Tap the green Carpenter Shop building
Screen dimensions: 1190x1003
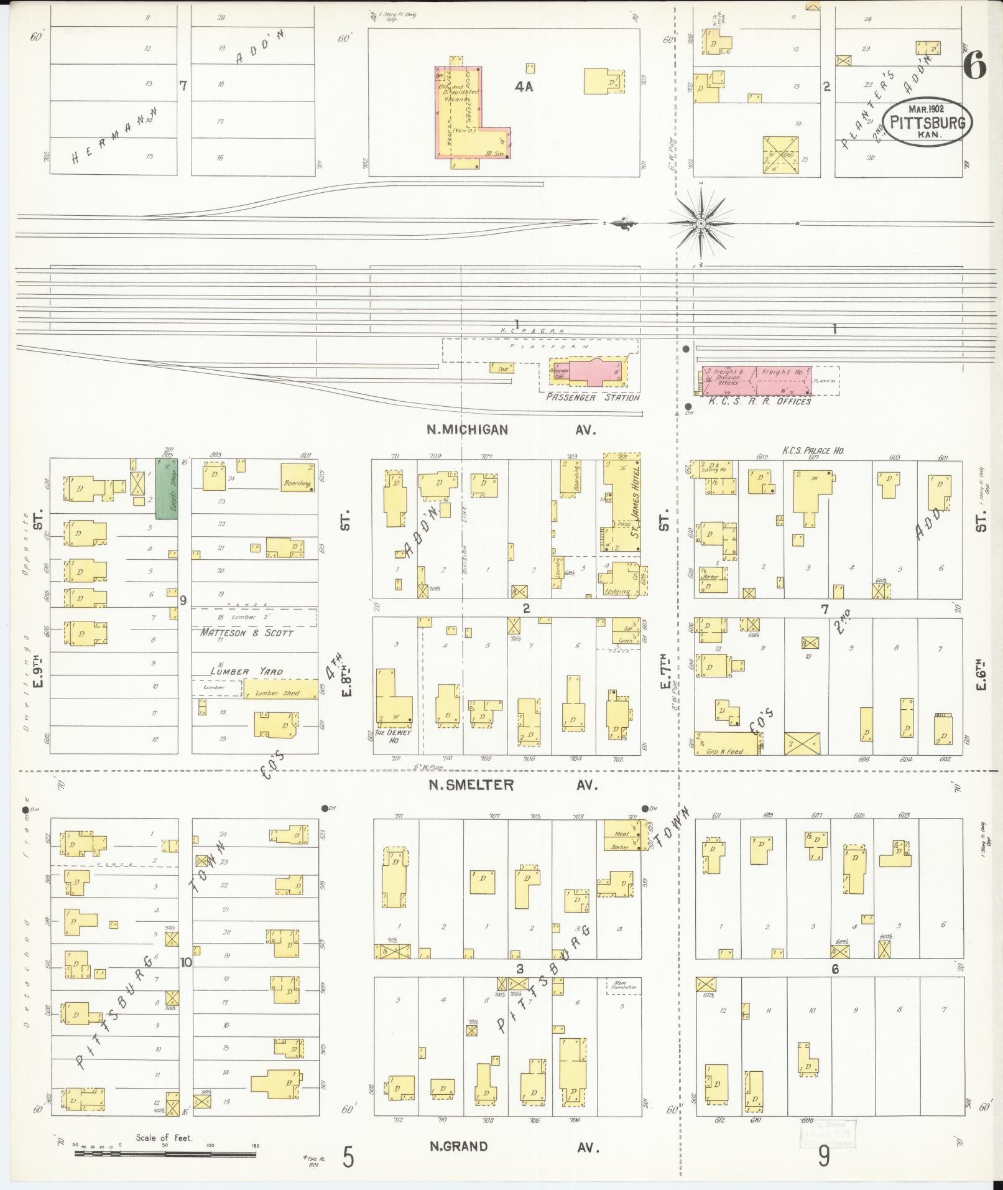(166, 488)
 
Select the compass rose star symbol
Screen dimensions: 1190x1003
(701, 223)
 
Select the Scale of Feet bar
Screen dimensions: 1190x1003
(165, 1153)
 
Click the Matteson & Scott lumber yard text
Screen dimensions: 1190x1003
(247, 632)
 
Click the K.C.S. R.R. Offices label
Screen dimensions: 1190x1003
(760, 401)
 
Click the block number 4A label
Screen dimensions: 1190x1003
(524, 88)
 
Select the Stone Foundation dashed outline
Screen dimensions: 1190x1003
(623, 985)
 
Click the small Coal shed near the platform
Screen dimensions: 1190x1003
(502, 368)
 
